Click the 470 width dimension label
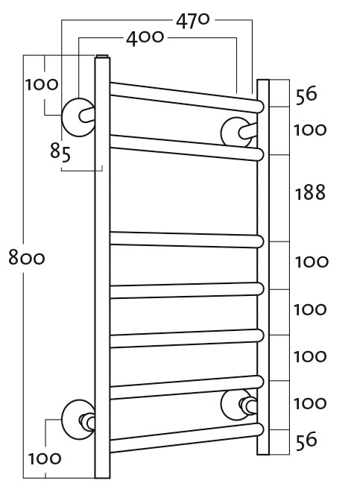click(193, 21)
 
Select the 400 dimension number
click(145, 38)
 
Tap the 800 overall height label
click(27, 258)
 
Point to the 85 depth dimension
click(60, 153)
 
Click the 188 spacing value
click(310, 192)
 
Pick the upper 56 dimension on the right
click(306, 95)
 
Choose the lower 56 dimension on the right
click(306, 441)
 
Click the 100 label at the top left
click(42, 84)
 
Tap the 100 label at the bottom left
click(44, 458)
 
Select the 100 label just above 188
click(310, 130)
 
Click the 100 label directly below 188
click(312, 262)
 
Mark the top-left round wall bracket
click(78, 117)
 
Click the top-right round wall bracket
click(237, 132)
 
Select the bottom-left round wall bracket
click(78, 420)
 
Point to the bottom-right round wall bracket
click(237, 405)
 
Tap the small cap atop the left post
click(103, 56)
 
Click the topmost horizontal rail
click(186, 97)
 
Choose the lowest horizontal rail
click(186, 438)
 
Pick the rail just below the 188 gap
click(186, 240)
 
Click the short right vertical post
click(263, 267)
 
